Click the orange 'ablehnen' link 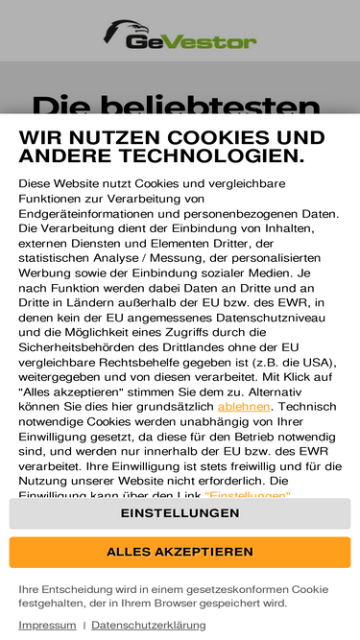[244, 407]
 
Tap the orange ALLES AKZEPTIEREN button [180, 552]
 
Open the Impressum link [47, 625]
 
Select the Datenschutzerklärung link [148, 625]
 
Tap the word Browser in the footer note [184, 604]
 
